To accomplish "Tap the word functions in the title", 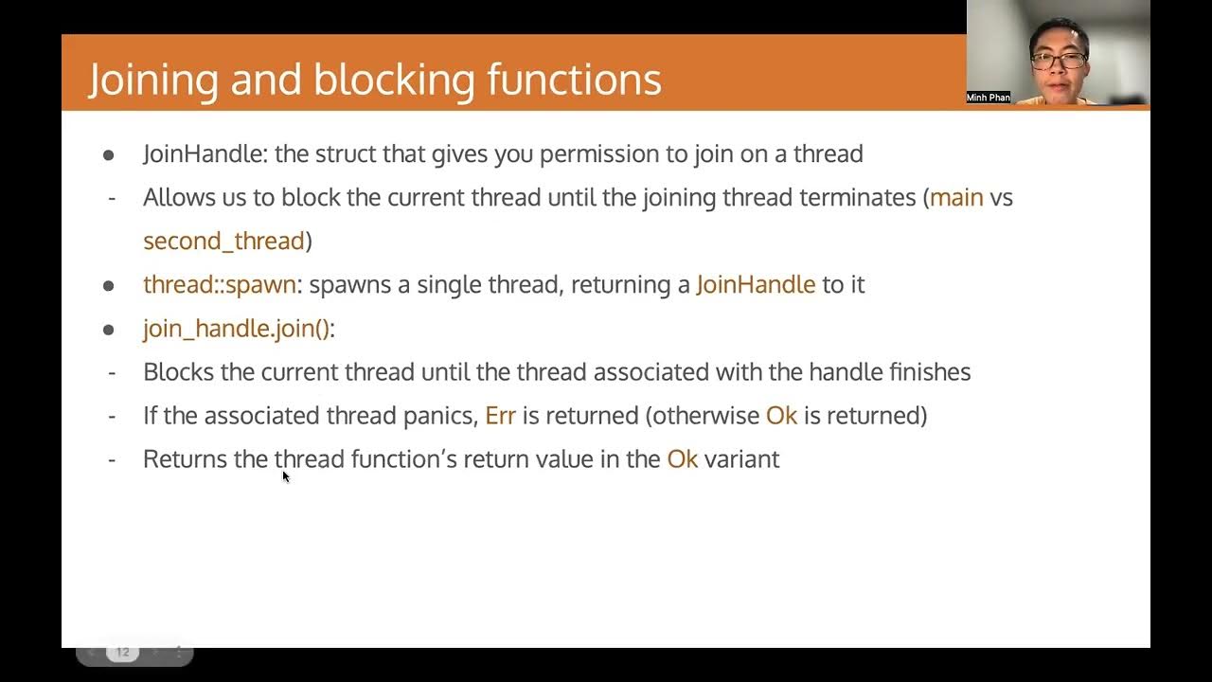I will point(574,80).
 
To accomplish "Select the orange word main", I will point(956,198).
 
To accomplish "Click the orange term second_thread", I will point(223,242).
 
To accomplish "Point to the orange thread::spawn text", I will point(220,285).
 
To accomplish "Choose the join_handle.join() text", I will point(237,329).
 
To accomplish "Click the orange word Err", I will point(500,416).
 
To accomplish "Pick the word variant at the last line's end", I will point(741,459).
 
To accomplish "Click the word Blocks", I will point(178,372).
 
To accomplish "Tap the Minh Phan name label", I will point(988,98).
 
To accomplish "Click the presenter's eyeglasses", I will point(1059,61).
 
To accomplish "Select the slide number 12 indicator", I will point(122,652).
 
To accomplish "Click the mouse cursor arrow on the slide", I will point(285,476).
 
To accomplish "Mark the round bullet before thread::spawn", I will point(109,285).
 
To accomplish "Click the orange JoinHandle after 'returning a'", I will point(756,285).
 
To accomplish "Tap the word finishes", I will point(929,372).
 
